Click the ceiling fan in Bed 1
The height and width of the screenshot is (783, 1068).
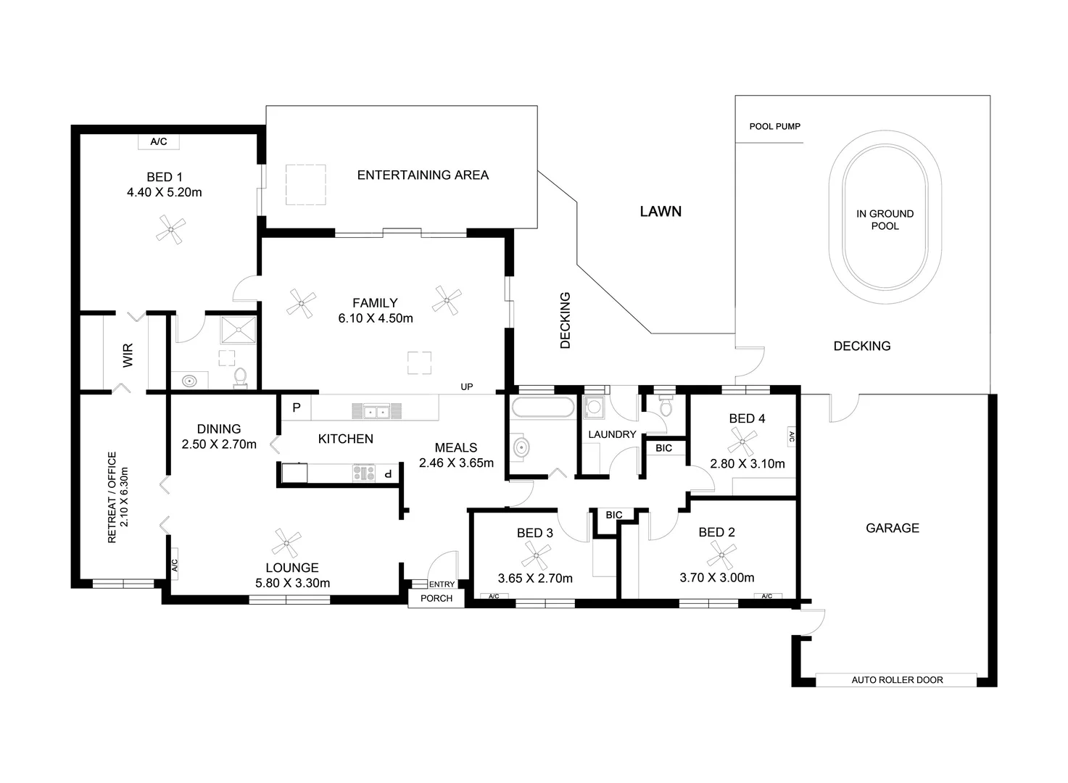170,230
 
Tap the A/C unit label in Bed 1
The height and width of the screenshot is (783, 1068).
158,142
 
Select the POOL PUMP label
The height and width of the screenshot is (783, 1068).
774,126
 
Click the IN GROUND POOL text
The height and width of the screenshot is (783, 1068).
885,220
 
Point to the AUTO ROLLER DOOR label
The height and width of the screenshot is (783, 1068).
897,680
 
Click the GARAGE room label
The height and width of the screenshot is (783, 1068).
892,529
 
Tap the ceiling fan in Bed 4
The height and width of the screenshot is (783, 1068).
742,441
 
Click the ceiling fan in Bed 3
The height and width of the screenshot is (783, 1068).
536,556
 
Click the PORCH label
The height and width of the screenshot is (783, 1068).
436,598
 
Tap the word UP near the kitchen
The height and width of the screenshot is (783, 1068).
467,387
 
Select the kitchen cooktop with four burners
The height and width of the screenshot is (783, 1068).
364,473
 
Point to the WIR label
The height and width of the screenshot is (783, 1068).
128,355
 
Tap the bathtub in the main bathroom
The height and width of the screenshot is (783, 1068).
542,407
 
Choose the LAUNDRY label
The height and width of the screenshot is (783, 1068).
612,434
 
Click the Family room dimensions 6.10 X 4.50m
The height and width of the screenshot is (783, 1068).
376,318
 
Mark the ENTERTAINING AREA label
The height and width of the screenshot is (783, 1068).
423,175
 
